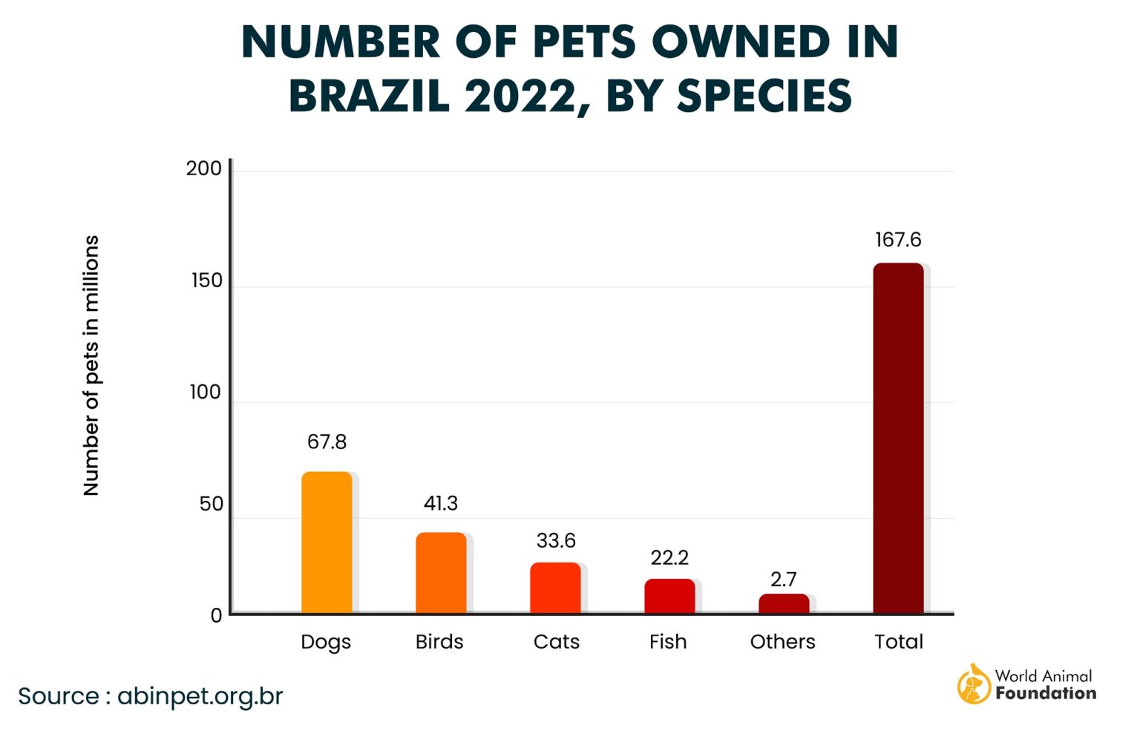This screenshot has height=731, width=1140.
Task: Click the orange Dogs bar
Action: [x=327, y=542]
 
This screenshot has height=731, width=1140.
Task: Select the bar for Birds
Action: [x=441, y=573]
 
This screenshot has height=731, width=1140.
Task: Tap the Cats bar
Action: [x=555, y=588]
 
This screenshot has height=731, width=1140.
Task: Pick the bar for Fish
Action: [x=669, y=596]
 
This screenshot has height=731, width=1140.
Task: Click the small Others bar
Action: [x=784, y=603]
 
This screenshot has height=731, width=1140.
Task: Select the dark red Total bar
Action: [x=898, y=438]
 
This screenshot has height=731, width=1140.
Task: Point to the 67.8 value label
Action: [x=327, y=442]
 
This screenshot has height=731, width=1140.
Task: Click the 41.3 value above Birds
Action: [x=441, y=504]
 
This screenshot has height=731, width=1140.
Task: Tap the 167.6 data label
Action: [x=898, y=240]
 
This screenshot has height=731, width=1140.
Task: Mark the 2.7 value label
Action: [x=784, y=579]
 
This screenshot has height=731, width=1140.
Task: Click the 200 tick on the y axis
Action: [x=204, y=168]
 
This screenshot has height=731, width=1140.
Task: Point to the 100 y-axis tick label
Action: [x=206, y=393]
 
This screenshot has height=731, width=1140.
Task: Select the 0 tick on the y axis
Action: [x=216, y=616]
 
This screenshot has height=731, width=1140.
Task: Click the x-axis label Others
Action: [x=782, y=642]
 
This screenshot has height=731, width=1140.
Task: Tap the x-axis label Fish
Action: [x=668, y=642]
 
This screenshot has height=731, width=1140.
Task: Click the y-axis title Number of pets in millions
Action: [x=91, y=365]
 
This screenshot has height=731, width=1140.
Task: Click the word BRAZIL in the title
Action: [x=369, y=96]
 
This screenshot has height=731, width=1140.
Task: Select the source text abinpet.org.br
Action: [x=200, y=696]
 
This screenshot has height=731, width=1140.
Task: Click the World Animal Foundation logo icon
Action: [x=974, y=684]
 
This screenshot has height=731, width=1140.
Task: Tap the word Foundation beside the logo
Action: [x=1046, y=694]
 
